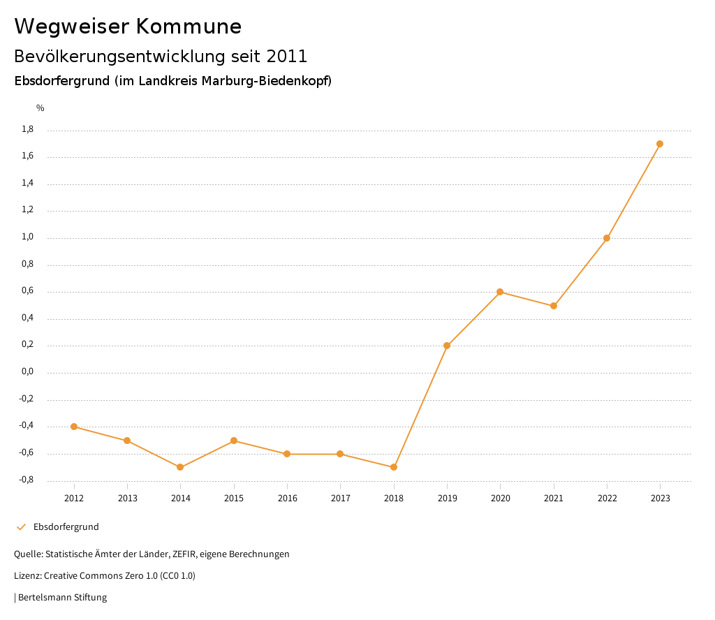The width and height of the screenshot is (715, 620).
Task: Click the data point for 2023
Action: click(660, 144)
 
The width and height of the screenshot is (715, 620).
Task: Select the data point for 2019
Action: click(447, 346)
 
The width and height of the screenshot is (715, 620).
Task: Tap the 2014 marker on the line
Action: click(180, 467)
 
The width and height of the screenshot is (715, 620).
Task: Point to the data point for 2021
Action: click(554, 306)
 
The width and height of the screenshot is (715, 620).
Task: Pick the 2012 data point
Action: click(74, 427)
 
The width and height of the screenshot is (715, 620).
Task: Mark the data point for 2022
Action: click(607, 238)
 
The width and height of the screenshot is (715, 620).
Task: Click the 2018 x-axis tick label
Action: click(394, 498)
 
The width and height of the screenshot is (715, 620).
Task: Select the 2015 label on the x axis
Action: click(234, 498)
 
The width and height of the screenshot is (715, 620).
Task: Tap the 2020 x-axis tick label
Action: click(500, 498)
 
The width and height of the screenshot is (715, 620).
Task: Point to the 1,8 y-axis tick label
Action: click(47, 129)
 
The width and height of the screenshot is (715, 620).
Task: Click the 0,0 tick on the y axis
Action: click(47, 372)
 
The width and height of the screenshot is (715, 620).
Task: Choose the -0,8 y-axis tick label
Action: click(46, 480)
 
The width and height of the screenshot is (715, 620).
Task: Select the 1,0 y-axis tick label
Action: click(47, 237)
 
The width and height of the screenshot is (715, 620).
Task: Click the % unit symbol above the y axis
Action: click(40, 108)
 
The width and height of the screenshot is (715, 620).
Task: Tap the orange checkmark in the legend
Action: click(21, 527)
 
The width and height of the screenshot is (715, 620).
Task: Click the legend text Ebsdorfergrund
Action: click(66, 527)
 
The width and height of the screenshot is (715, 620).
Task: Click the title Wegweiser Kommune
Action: click(128, 27)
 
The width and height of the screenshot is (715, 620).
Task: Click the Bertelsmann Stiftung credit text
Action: click(62, 598)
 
